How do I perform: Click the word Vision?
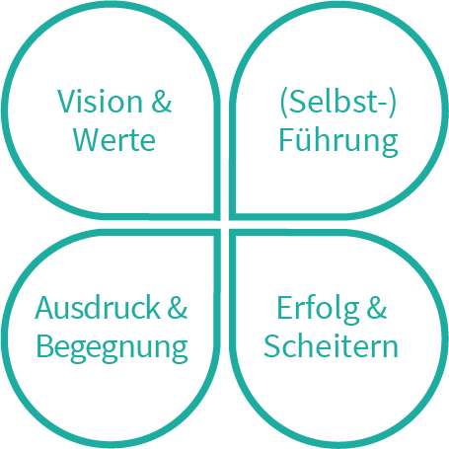[100, 101]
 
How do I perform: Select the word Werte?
[114, 140]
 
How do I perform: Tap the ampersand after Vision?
[162, 101]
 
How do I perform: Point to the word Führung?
[338, 140]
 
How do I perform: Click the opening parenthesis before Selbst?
[283, 103]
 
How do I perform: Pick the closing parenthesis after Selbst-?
[392, 103]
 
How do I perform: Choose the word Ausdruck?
[98, 308]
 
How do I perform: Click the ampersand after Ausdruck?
[178, 308]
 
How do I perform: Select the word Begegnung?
[112, 348]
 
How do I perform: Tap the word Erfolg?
[318, 309]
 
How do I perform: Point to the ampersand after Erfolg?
[377, 308]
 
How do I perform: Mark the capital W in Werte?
[87, 140]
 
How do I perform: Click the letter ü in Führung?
[308, 140]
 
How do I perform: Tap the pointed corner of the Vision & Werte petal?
[217, 218]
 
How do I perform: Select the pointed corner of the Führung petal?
[232, 218]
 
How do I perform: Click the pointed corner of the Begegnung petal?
[217, 232]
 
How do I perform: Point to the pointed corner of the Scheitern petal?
[232, 232]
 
